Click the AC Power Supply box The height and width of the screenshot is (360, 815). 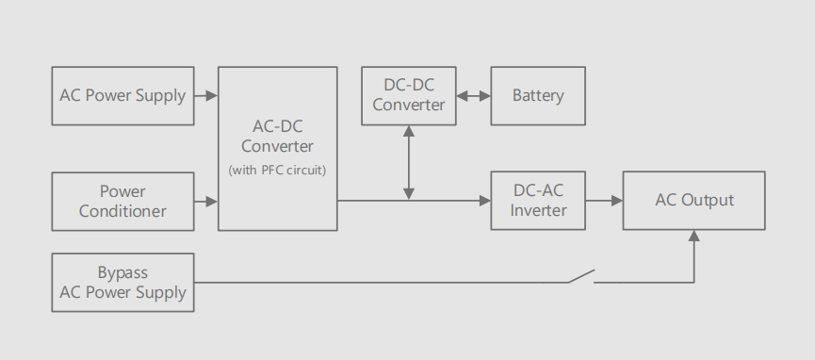[x=122, y=95]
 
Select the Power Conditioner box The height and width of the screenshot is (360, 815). [x=122, y=201]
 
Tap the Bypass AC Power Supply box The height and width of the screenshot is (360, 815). [x=122, y=283]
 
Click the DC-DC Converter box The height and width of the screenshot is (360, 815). [x=408, y=95]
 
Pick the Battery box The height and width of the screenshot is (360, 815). [x=538, y=95]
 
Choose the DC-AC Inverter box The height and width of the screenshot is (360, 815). [x=538, y=201]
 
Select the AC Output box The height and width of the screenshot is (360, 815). [x=694, y=201]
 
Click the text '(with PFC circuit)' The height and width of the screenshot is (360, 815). [x=277, y=170]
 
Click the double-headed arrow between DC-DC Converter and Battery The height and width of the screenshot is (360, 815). [x=473, y=95]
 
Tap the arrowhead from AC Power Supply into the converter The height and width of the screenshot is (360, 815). [x=211, y=95]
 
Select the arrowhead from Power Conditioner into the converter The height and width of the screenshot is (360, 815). [x=211, y=201]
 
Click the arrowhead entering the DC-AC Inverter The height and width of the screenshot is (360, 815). [x=484, y=200]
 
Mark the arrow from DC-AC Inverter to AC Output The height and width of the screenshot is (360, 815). [x=604, y=200]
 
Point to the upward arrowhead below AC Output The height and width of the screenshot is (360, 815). [x=694, y=237]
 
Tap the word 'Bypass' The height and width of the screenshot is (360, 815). [x=122, y=272]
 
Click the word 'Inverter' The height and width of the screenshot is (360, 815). [x=538, y=210]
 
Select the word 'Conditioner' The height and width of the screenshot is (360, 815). [x=122, y=211]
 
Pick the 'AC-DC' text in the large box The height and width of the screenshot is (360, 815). [x=277, y=126]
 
